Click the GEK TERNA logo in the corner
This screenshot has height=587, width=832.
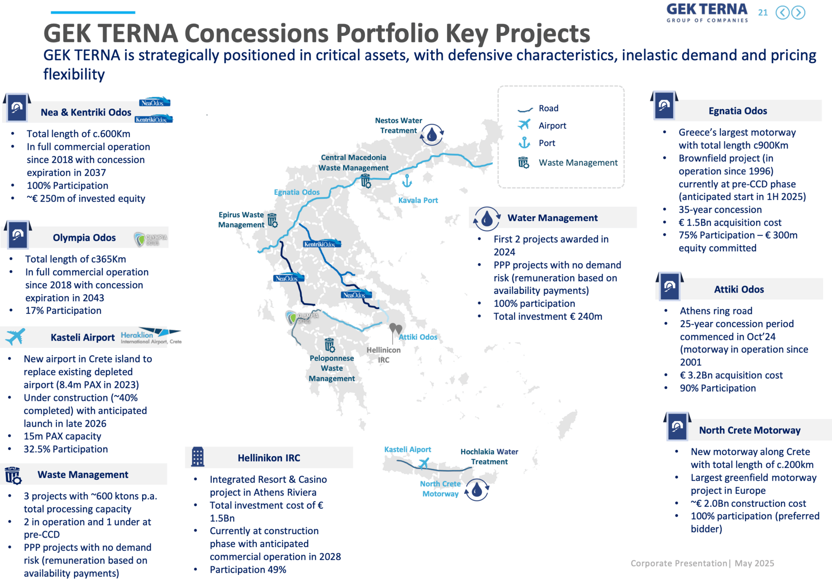707,13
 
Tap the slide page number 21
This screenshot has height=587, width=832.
763,13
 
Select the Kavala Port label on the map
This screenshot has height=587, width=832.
418,200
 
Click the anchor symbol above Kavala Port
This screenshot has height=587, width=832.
406,181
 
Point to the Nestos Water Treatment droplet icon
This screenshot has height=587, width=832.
432,134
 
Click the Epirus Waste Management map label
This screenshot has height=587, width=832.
241,219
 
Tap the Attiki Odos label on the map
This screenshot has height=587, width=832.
418,337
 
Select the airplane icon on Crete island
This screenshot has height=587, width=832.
423,464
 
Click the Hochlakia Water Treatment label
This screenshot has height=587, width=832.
489,457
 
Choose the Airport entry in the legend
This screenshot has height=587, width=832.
542,125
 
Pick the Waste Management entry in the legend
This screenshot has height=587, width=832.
568,162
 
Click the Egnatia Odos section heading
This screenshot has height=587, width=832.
738,111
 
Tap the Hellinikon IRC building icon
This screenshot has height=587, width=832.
198,457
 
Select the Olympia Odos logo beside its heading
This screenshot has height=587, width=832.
150,239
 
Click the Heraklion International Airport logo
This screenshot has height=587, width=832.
151,336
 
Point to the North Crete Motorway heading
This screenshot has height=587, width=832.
750,430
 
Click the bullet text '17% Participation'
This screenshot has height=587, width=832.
63,310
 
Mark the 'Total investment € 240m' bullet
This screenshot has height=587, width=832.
548,316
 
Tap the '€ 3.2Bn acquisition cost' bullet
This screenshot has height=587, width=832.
731,375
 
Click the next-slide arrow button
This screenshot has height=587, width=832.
798,13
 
